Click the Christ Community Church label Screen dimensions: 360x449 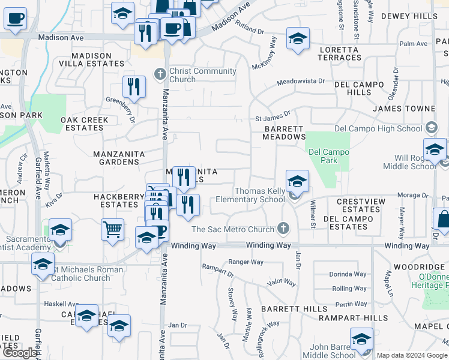tap(202, 75)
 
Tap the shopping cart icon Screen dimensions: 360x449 tap(112, 229)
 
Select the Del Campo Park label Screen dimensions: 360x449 tap(328, 156)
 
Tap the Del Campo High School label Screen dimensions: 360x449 tap(378, 128)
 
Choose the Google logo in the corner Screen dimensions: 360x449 tap(20, 353)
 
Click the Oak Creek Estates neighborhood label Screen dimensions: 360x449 tap(85, 124)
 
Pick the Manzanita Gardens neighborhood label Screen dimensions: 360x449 tap(119, 158)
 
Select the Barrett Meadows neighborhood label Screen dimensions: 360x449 tap(284, 133)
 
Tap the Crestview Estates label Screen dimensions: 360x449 tap(358, 205)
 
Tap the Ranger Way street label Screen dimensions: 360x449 tap(246, 262)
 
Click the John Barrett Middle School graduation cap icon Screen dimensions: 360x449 tap(361, 339)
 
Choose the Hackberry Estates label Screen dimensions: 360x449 tap(116, 200)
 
